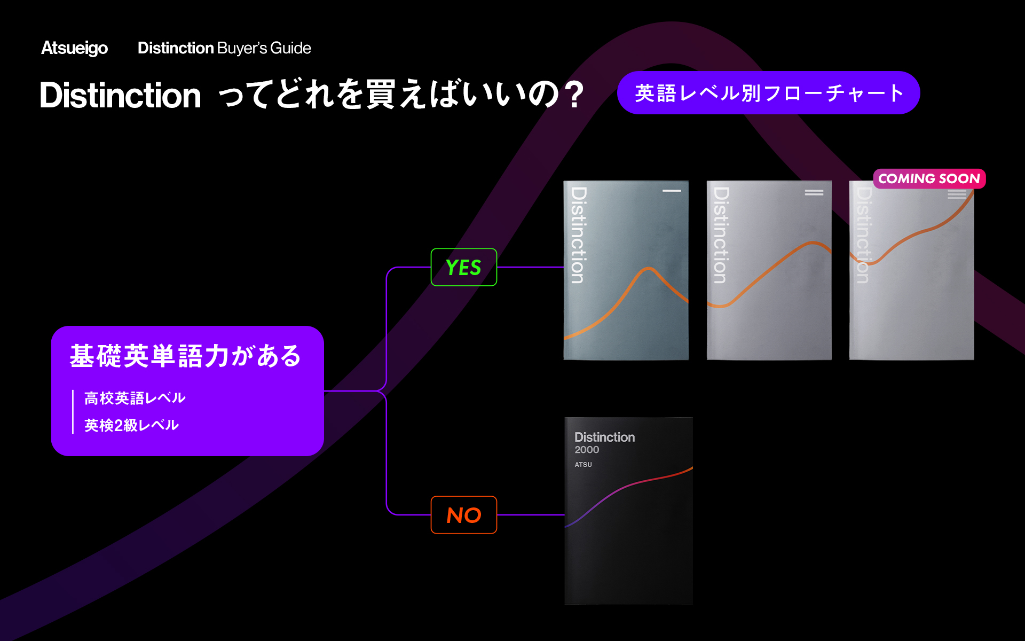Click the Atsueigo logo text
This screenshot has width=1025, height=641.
(x=74, y=48)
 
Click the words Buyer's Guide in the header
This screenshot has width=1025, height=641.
(x=264, y=48)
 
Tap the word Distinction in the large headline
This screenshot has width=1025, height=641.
(x=120, y=96)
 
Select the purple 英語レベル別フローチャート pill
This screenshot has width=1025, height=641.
(x=768, y=93)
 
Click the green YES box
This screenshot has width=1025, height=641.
(x=463, y=267)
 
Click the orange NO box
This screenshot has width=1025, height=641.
(x=463, y=515)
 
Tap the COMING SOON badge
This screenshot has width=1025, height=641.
(x=929, y=178)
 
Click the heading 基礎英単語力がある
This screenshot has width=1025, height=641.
(x=185, y=356)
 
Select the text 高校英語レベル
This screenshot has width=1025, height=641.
(x=135, y=398)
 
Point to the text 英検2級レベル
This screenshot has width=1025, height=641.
(x=131, y=425)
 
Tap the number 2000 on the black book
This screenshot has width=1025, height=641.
(x=587, y=450)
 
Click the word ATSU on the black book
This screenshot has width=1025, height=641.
(x=583, y=465)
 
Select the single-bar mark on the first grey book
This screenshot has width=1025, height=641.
(x=672, y=191)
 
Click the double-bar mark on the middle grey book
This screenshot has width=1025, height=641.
(x=814, y=192)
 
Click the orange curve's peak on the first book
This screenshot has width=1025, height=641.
(x=649, y=269)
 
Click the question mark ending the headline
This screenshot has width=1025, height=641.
(x=575, y=96)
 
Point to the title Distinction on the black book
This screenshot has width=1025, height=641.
(x=604, y=437)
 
